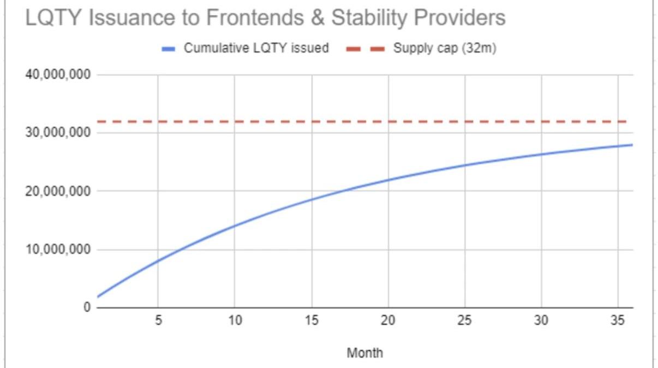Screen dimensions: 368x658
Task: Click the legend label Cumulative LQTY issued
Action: (256, 48)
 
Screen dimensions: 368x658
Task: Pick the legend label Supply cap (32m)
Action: (444, 48)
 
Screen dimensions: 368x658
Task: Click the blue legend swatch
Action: (169, 49)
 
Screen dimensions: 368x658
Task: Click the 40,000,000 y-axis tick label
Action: (58, 75)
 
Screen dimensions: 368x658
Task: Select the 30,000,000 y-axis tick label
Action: (58, 133)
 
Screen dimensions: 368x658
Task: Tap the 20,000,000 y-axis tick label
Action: (58, 192)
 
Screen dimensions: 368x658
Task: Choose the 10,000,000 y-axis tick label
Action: (58, 250)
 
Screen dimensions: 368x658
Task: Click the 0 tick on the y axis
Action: (86, 308)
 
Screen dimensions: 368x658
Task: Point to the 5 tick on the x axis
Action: (158, 320)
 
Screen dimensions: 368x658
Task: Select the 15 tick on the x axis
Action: (311, 320)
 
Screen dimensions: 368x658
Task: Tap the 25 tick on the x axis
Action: (464, 320)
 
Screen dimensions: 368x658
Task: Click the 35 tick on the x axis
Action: (618, 320)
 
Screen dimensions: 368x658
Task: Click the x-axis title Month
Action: (365, 353)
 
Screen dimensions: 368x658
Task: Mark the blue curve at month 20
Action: (388, 180)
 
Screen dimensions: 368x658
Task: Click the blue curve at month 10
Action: (235, 225)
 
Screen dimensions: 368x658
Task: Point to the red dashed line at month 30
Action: (541, 121)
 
